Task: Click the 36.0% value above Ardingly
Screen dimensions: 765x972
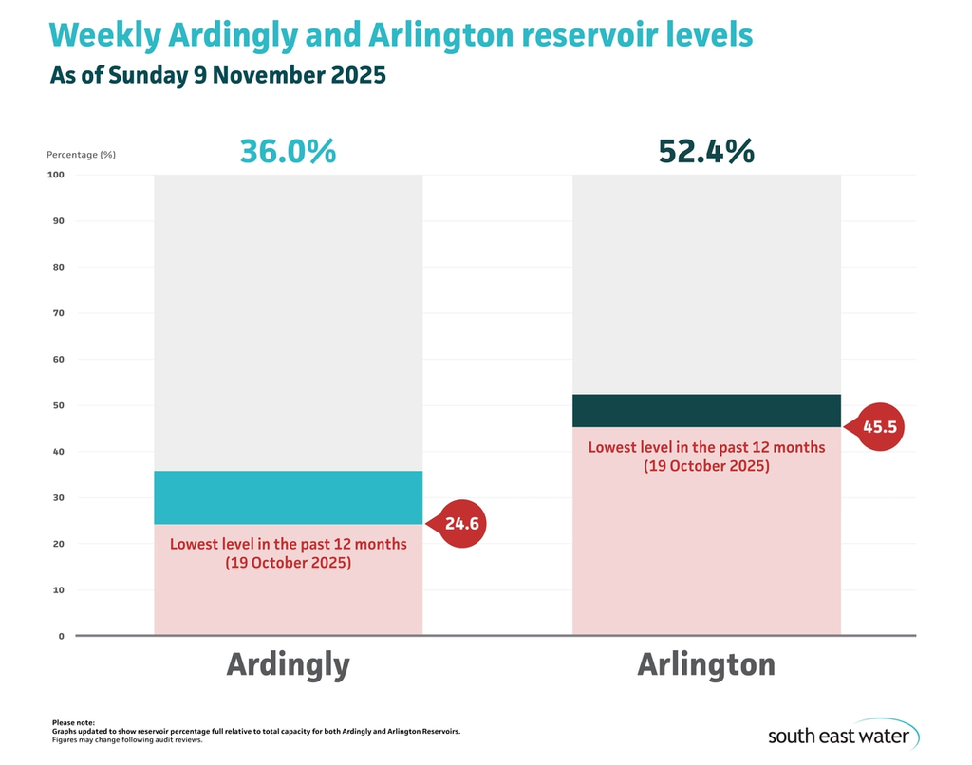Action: tap(288, 151)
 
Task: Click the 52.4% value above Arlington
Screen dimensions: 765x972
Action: tap(705, 151)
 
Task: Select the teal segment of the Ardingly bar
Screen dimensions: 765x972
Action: tap(288, 497)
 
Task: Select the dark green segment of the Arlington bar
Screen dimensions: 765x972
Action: tap(705, 410)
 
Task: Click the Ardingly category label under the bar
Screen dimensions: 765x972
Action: tap(288, 664)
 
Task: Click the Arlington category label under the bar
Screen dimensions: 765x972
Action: tap(705, 664)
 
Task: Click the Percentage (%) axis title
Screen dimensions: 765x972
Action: tap(81, 154)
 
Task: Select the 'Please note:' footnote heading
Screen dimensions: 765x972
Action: tap(73, 723)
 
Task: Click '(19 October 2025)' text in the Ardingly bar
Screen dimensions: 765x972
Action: tap(288, 563)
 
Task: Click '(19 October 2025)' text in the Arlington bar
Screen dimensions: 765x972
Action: tap(705, 466)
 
